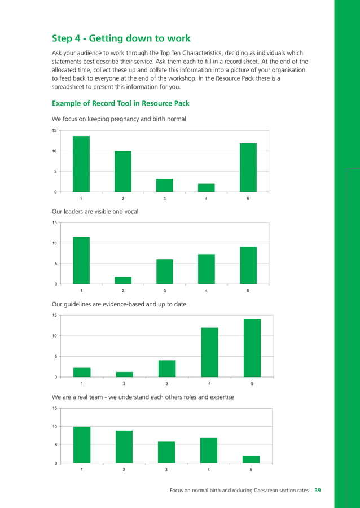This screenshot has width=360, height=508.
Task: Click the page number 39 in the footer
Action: coord(318,491)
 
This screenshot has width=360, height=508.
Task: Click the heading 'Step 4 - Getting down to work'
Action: coord(121,38)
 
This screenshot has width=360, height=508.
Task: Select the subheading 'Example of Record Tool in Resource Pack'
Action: coord(120,103)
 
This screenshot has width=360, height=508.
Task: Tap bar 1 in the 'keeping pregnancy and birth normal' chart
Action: coord(81,164)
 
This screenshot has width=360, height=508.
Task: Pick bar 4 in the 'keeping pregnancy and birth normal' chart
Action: coord(207,188)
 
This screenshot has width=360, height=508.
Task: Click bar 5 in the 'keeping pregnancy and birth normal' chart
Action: coord(248,168)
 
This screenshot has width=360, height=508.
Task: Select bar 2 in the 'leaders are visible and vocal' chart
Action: coord(123,280)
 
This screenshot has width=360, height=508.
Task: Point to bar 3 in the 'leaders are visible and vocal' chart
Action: coord(165,271)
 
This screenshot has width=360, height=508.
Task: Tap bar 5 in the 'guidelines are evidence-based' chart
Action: coord(252,348)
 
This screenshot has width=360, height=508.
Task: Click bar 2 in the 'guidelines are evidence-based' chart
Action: coord(125,374)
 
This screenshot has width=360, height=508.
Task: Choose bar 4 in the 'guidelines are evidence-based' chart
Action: coord(210,352)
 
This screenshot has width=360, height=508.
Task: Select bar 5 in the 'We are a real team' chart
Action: coord(251,459)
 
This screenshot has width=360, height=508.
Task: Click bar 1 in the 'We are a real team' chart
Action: coord(82,445)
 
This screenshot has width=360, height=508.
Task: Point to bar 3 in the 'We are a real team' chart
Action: coord(166,452)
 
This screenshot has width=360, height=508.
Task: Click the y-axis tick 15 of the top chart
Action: coord(54,131)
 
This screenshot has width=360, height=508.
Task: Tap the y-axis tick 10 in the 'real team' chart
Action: coord(54,427)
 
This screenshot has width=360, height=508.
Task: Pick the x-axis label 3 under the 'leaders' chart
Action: coord(165,291)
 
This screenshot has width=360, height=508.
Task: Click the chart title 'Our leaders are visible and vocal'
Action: coord(95,211)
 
